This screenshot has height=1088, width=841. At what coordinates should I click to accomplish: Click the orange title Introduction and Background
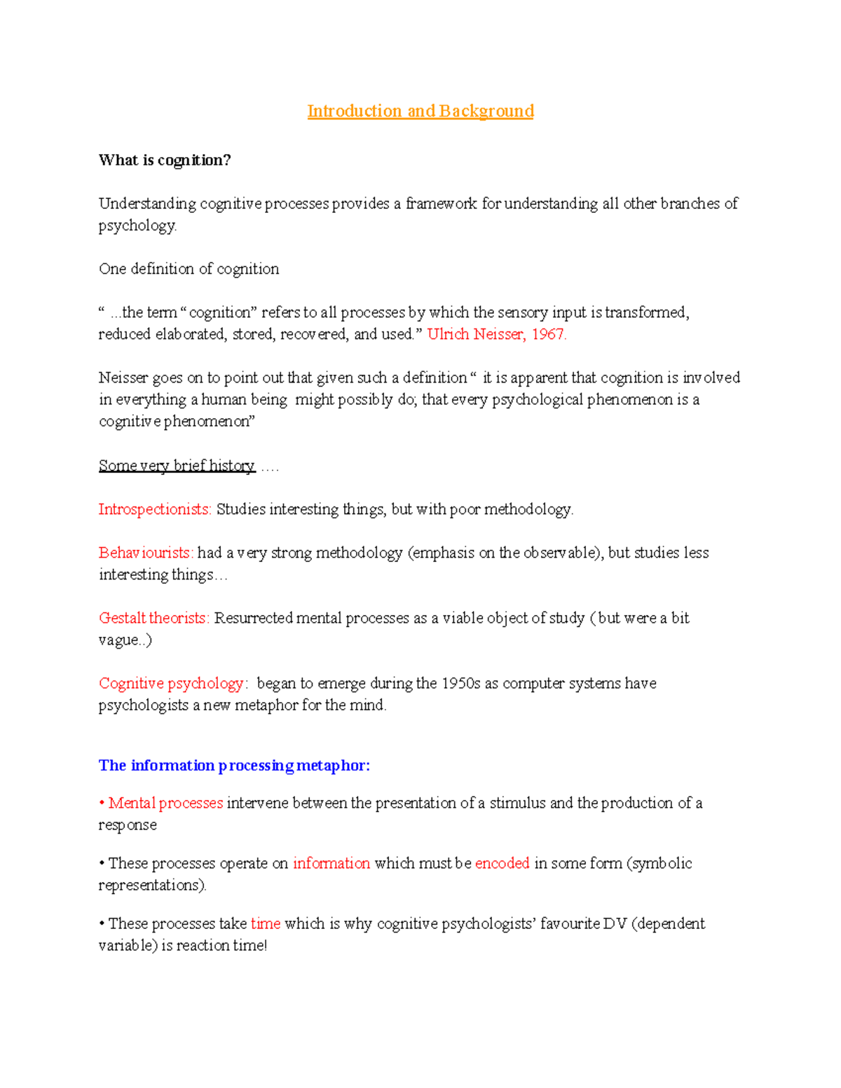[420, 111]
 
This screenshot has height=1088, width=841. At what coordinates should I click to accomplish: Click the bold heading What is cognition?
[165, 160]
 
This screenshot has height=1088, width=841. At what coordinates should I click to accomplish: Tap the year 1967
[547, 334]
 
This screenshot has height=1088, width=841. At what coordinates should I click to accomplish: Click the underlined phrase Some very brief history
[177, 466]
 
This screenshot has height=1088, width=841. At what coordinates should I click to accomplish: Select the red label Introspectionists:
[155, 509]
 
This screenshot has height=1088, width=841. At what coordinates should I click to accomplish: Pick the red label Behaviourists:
[146, 553]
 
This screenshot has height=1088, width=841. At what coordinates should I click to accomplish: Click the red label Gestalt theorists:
[154, 618]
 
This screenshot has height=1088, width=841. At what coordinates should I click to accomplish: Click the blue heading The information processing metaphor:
[234, 766]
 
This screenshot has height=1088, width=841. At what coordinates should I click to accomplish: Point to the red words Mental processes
[165, 803]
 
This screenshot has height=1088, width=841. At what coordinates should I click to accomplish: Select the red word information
[331, 863]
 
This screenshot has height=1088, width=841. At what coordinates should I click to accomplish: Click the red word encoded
[502, 863]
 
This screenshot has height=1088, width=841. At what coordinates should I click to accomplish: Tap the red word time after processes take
[265, 924]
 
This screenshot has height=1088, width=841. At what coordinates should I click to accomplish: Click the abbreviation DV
[615, 924]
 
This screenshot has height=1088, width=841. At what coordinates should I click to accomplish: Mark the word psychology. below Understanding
[137, 226]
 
